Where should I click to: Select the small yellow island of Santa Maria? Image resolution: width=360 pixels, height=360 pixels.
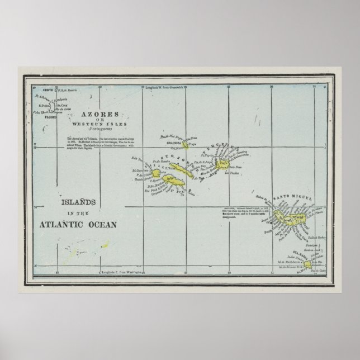point(307,263)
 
